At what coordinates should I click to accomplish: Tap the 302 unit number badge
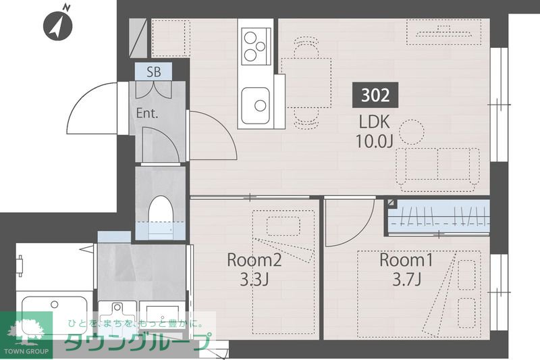(x=375, y=95)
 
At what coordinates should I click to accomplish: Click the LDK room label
(x=375, y=122)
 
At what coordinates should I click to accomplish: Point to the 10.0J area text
(x=375, y=140)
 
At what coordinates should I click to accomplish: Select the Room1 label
(x=406, y=260)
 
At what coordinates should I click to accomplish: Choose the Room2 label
(x=254, y=260)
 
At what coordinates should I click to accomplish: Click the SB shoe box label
(x=154, y=72)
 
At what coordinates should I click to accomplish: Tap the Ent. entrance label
(x=147, y=113)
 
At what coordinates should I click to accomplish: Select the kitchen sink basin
(x=255, y=105)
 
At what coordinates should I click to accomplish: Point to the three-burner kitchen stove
(x=256, y=46)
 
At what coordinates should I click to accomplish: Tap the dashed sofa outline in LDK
(x=437, y=170)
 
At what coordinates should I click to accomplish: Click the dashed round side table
(x=412, y=132)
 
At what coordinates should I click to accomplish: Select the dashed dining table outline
(x=306, y=82)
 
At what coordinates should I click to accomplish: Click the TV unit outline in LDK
(x=444, y=32)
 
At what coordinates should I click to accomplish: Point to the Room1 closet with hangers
(x=439, y=217)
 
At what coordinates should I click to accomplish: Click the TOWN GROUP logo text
(x=26, y=351)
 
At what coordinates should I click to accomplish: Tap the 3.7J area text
(x=406, y=280)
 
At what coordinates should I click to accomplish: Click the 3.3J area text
(x=254, y=280)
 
